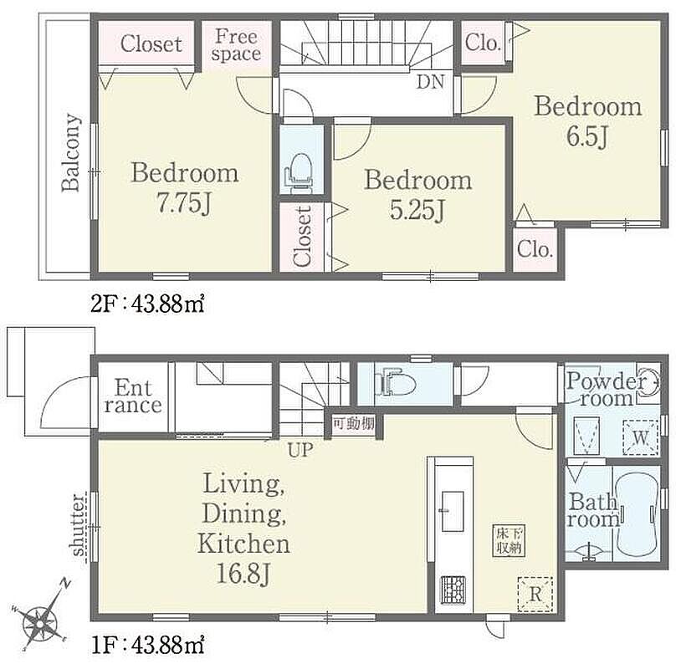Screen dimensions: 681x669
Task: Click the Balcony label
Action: tap(72, 152)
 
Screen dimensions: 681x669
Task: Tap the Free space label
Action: tap(236, 44)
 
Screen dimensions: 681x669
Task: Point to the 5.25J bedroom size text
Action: tap(417, 211)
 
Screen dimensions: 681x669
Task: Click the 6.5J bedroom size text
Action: tap(586, 135)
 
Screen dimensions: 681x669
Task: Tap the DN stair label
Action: tap(430, 82)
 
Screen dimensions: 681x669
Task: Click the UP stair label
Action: tap(300, 450)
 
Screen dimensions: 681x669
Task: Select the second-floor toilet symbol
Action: tap(299, 174)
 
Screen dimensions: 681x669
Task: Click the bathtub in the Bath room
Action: tap(637, 514)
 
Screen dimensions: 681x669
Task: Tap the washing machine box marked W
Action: tap(640, 438)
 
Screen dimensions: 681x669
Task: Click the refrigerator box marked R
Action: tap(535, 595)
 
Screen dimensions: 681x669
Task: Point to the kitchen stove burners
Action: tap(453, 590)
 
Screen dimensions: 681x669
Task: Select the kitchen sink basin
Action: tap(453, 511)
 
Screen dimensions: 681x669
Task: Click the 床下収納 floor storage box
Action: tap(509, 540)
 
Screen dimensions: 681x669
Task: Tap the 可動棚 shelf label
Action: tap(354, 423)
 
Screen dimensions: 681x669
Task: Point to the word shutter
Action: tap(78, 525)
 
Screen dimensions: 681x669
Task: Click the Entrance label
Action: tap(133, 396)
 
